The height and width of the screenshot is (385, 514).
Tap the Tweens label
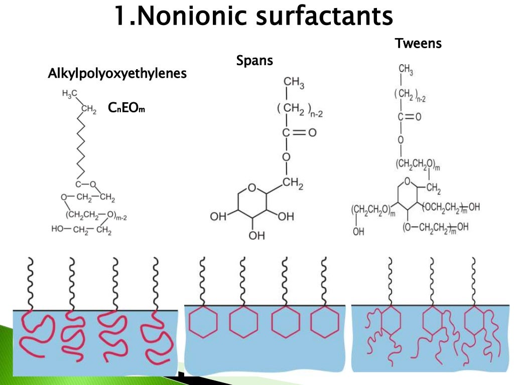click(418, 44)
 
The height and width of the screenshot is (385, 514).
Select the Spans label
click(254, 61)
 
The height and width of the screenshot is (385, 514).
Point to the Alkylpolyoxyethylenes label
click(117, 74)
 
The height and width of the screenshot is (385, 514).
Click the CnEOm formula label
click(126, 108)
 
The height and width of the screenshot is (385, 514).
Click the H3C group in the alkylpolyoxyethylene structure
click(70, 94)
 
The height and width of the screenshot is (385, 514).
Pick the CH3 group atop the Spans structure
click(293, 82)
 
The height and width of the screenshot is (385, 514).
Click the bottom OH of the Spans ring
click(256, 236)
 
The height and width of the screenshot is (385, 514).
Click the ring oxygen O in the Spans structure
click(252, 188)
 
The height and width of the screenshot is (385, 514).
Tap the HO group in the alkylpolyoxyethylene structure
click(58, 230)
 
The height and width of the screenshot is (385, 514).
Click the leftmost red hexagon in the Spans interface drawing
click(203, 321)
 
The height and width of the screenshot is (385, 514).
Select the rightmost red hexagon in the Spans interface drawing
click(324, 321)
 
